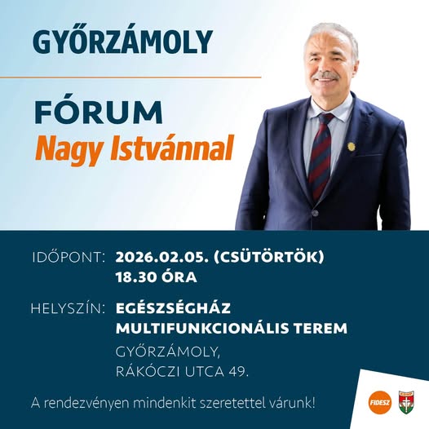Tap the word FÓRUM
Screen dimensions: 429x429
[x=99, y=112]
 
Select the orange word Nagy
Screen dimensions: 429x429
[x=70, y=149]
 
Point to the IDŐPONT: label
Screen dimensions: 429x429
[x=69, y=258]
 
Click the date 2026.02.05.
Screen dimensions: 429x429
[x=161, y=258]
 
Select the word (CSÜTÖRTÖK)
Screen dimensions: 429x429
[x=268, y=257]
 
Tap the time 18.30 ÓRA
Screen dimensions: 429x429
[x=157, y=277]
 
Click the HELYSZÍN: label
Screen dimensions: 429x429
[x=68, y=308]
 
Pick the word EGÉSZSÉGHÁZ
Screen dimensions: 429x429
[x=174, y=308]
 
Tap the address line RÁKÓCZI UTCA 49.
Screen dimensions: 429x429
[x=182, y=372]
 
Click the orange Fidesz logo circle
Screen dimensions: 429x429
[x=380, y=402]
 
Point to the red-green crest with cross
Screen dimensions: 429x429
[x=406, y=402]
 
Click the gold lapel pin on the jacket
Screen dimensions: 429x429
[x=351, y=146]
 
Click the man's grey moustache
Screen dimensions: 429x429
[x=326, y=76]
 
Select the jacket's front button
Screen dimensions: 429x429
[x=315, y=213]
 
